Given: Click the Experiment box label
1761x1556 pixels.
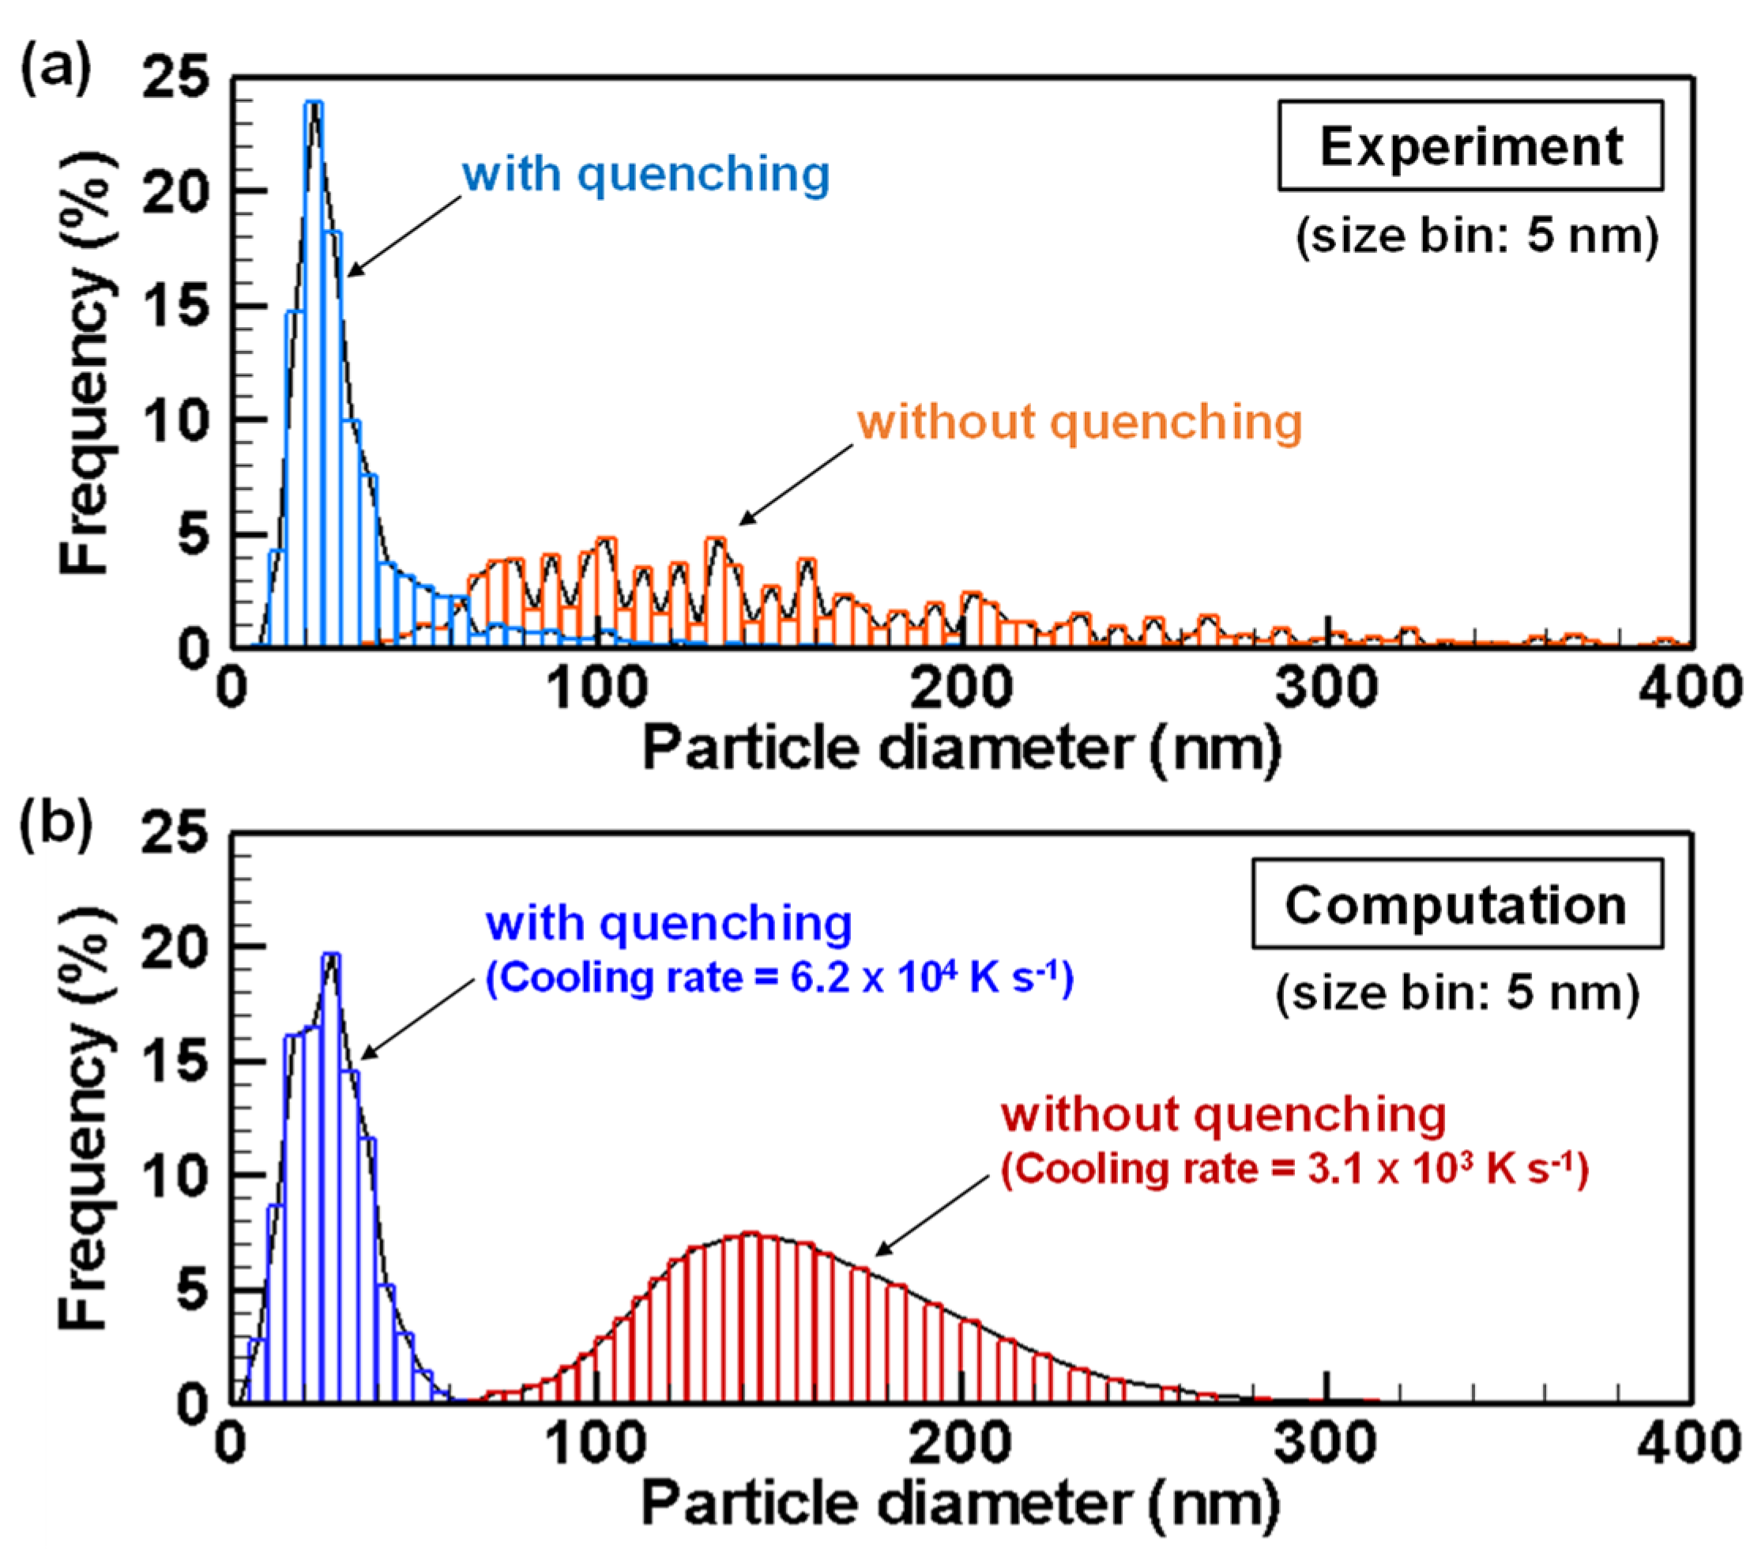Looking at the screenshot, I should [x=1469, y=145].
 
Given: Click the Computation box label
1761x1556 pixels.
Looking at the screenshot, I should [x=1456, y=906].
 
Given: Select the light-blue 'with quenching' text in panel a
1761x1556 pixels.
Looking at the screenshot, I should [x=645, y=175].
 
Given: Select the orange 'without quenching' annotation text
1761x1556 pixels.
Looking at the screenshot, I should [x=1078, y=423].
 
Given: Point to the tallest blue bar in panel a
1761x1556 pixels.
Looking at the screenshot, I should [x=315, y=371].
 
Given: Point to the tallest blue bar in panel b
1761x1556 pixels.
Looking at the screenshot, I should [x=332, y=1172].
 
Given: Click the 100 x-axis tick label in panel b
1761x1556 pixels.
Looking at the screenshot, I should [x=596, y=1444].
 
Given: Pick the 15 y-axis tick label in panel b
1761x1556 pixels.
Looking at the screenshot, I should [x=175, y=1061].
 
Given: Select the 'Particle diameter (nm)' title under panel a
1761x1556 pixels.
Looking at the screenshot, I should [x=961, y=748].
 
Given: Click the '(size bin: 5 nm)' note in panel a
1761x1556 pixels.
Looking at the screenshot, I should [x=1477, y=235].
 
